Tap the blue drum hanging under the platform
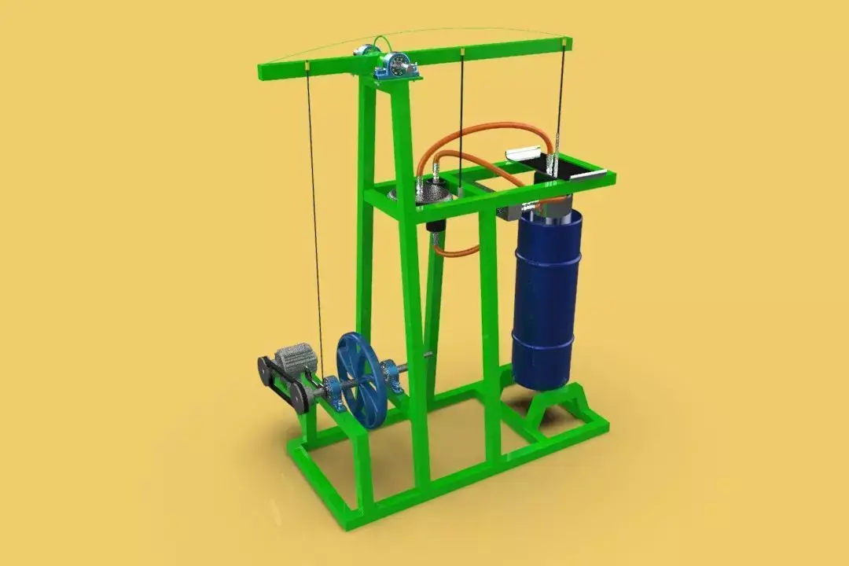[x=547, y=299]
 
